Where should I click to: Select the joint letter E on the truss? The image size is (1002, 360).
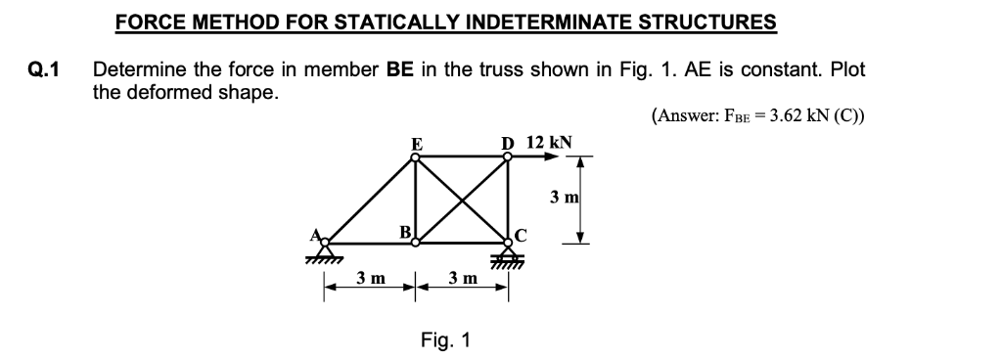point(416,144)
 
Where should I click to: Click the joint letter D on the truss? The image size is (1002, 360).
point(507,143)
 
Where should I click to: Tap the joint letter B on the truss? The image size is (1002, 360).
point(403,231)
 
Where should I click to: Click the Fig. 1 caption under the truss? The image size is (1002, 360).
point(445,340)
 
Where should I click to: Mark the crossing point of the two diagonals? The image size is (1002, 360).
point(461,199)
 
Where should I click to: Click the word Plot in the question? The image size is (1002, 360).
point(845,70)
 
